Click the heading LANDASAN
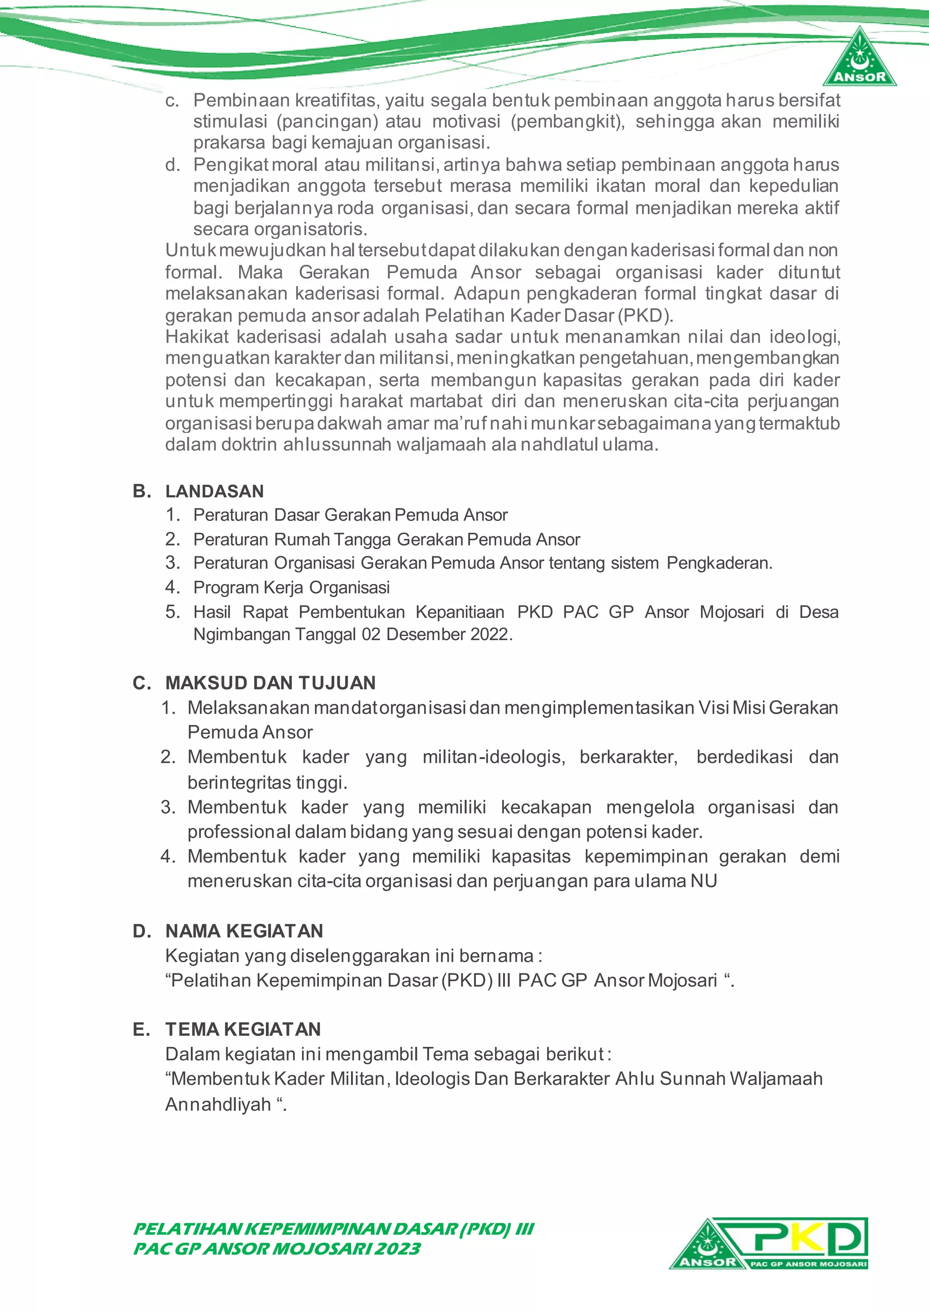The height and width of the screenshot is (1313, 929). (215, 491)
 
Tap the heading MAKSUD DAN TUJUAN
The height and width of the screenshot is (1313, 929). (270, 683)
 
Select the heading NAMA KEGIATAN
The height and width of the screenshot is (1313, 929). (244, 931)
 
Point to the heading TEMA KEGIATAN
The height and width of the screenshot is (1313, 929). (243, 1029)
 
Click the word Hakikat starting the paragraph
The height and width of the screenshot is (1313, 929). (197, 336)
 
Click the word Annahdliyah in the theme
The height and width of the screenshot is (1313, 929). (218, 1104)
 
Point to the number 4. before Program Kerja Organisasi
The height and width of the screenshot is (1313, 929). (172, 587)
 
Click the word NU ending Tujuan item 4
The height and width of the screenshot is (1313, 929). (704, 880)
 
